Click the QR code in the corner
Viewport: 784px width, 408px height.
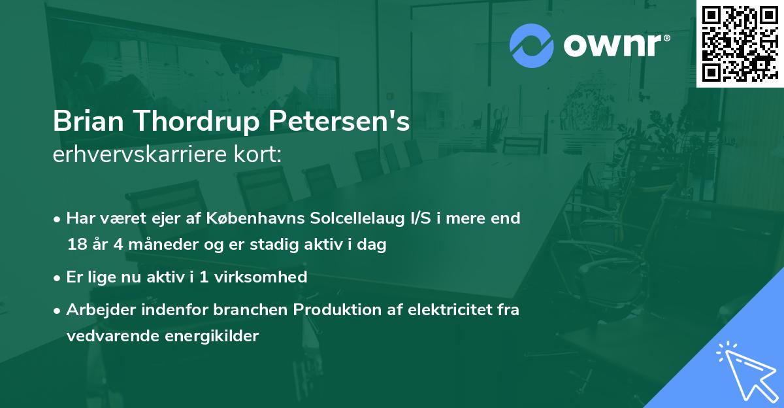[740, 43]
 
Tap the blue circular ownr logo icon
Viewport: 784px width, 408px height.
[531, 46]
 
